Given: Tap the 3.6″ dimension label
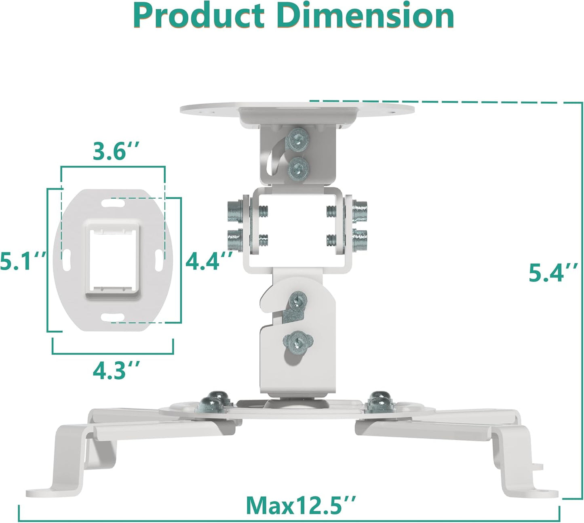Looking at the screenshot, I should tap(116, 151).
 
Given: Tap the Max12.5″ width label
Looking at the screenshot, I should tap(301, 505).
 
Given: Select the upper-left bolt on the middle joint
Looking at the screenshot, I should tap(236, 211).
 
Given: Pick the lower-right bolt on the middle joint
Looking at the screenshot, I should tap(359, 240).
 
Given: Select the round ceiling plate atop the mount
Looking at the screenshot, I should tap(297, 110).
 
